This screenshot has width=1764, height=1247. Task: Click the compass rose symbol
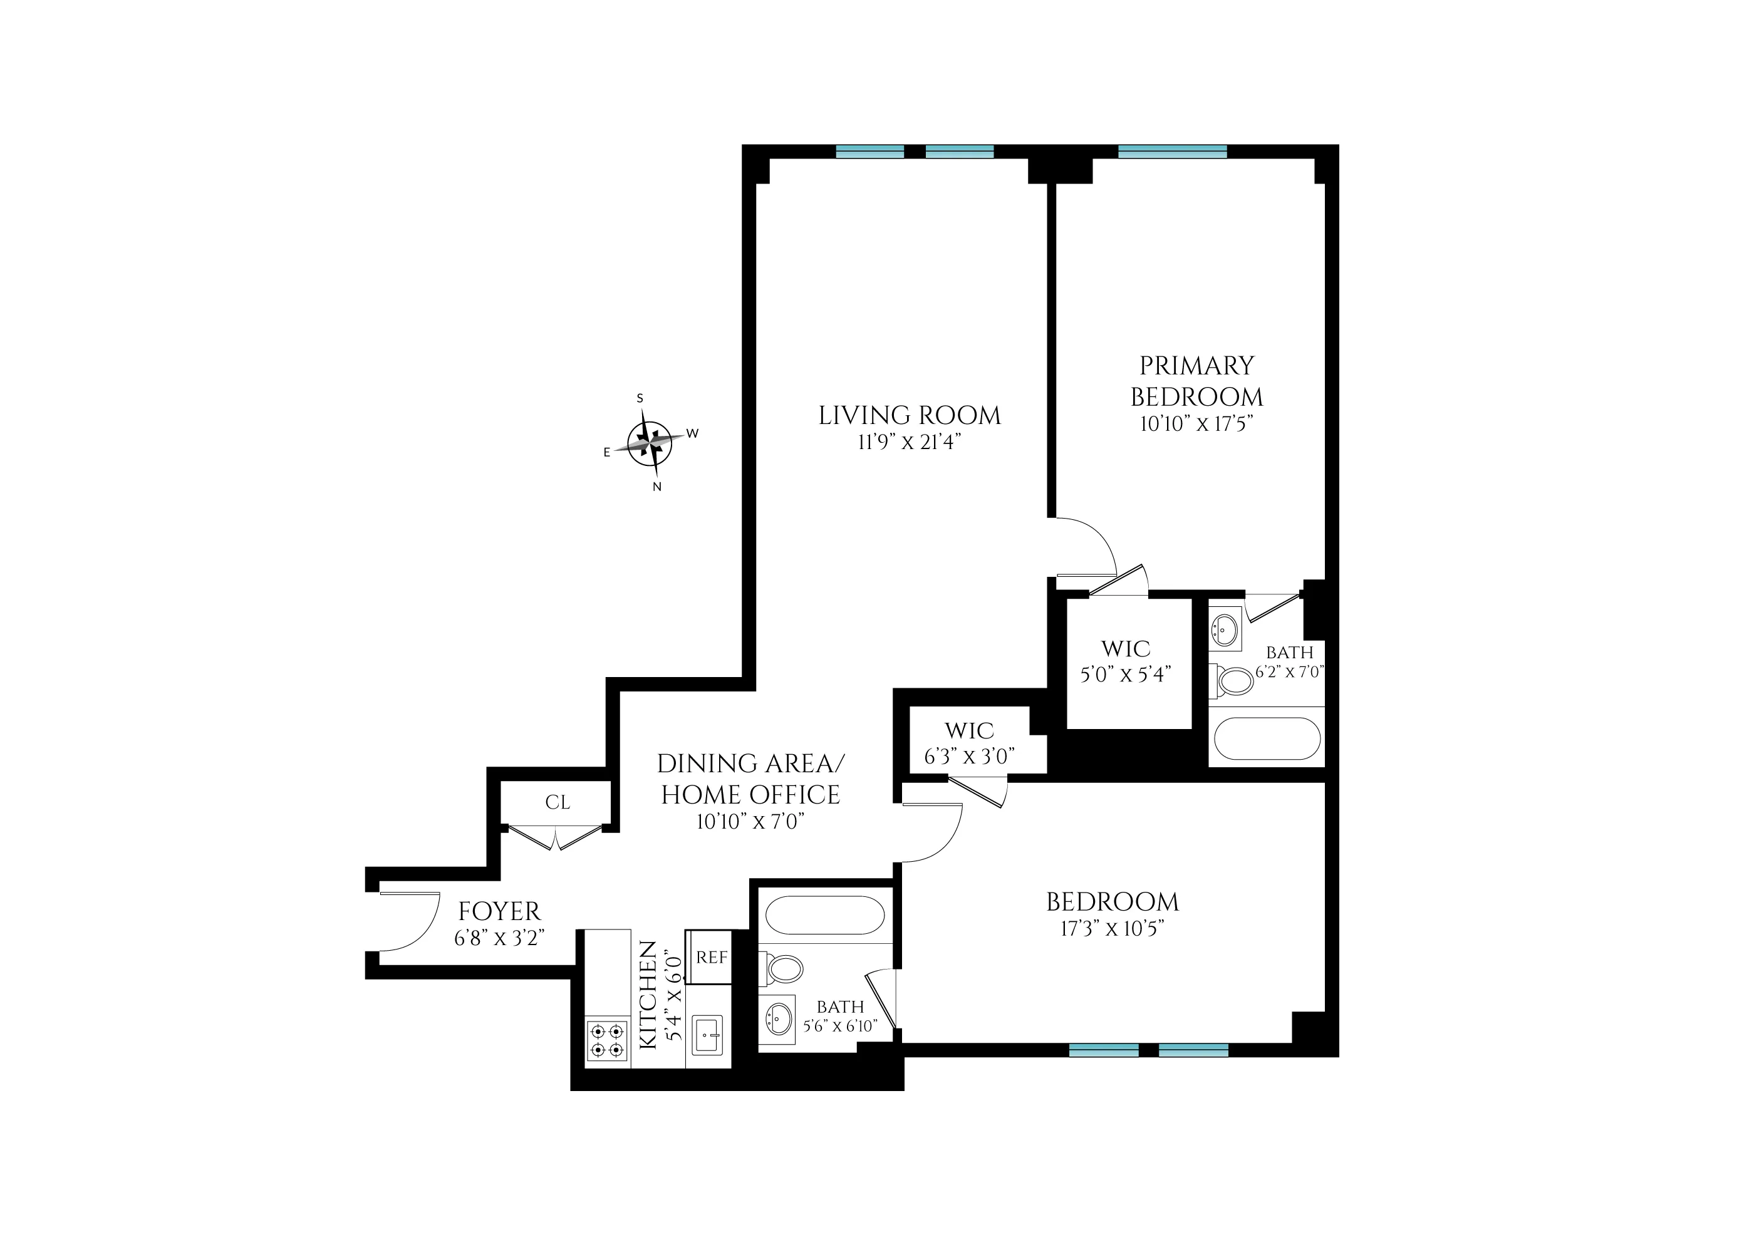pos(650,443)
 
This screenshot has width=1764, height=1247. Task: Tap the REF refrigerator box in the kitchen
pos(710,958)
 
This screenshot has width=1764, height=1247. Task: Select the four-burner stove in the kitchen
pos(607,1040)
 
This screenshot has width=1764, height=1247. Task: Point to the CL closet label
pos(558,802)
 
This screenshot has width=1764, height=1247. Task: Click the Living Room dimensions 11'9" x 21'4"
pos(910,443)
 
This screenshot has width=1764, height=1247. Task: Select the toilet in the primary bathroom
pos(1233,680)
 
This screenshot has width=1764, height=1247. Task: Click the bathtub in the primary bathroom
pos(1267,738)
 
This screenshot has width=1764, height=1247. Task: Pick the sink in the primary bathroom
pos(1225,630)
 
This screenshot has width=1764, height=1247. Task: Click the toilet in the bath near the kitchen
pos(783,969)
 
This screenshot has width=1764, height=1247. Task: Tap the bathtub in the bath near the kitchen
pos(825,915)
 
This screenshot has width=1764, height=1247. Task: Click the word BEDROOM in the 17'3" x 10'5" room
pos(1112,902)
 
